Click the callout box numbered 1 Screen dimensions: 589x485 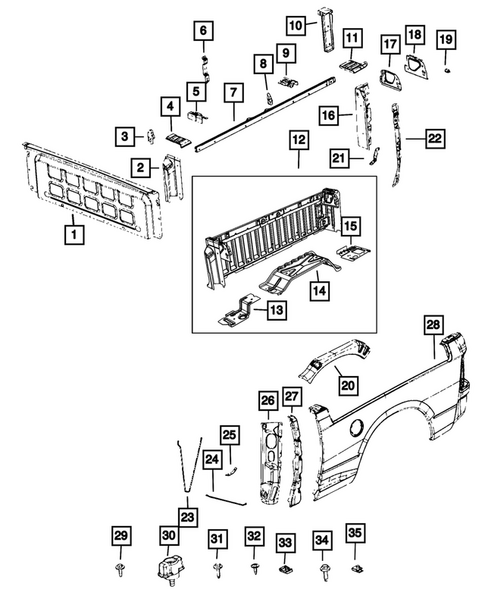point(73,234)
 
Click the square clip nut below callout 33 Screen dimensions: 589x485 point(285,569)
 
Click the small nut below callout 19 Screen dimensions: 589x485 point(446,70)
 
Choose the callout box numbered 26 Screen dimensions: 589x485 point(267,401)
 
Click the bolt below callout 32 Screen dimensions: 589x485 point(254,571)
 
